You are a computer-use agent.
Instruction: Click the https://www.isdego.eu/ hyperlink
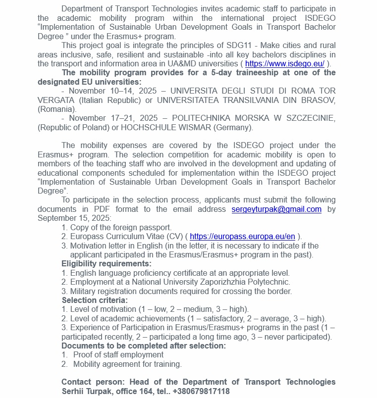point(285,63)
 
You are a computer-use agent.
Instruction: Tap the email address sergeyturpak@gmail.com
point(276,209)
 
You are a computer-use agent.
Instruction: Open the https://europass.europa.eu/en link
point(242,237)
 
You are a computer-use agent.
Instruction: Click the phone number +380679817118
point(201,392)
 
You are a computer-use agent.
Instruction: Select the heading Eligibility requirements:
point(107,264)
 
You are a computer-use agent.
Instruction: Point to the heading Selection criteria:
point(95,300)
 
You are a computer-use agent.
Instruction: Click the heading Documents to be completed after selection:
point(144,346)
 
